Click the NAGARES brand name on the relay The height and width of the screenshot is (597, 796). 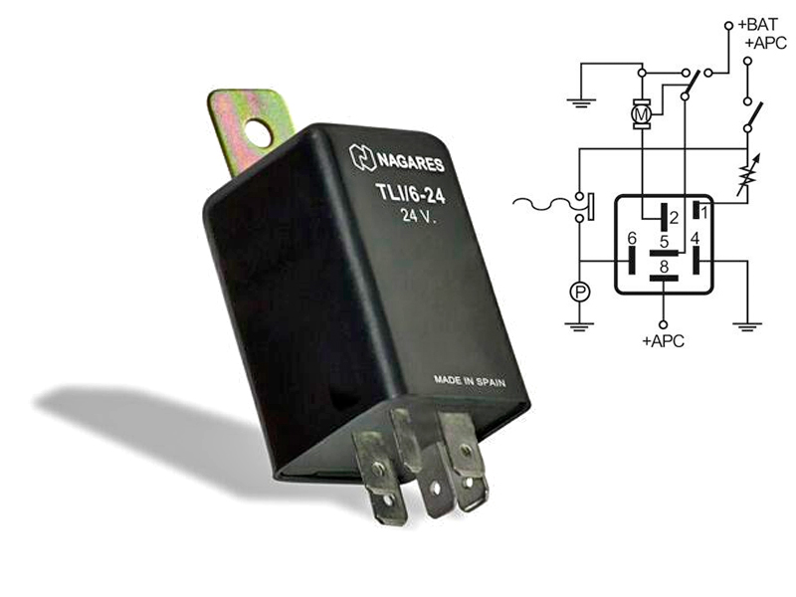(x=410, y=162)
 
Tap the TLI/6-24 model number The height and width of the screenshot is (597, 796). (x=410, y=193)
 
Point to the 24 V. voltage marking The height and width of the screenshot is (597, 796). (x=418, y=216)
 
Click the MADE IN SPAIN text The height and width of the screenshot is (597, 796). (x=470, y=381)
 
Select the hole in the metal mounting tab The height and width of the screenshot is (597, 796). (x=258, y=131)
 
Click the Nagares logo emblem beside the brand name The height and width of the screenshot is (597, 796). (x=362, y=157)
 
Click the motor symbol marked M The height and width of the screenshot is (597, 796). (x=642, y=113)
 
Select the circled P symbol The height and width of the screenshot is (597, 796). (x=580, y=292)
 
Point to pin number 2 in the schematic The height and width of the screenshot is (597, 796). (x=675, y=218)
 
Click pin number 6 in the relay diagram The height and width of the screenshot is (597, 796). (x=632, y=238)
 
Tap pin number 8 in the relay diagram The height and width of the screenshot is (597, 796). (x=664, y=267)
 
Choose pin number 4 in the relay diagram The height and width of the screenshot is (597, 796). (x=695, y=238)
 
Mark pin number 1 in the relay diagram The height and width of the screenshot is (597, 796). (x=704, y=212)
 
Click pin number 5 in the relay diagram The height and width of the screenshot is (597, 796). (x=664, y=242)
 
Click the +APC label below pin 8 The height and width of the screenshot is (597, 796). (x=663, y=340)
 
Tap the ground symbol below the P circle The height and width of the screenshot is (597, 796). (x=579, y=326)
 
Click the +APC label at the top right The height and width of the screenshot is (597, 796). (x=765, y=43)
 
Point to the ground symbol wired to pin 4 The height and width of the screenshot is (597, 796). (x=747, y=326)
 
